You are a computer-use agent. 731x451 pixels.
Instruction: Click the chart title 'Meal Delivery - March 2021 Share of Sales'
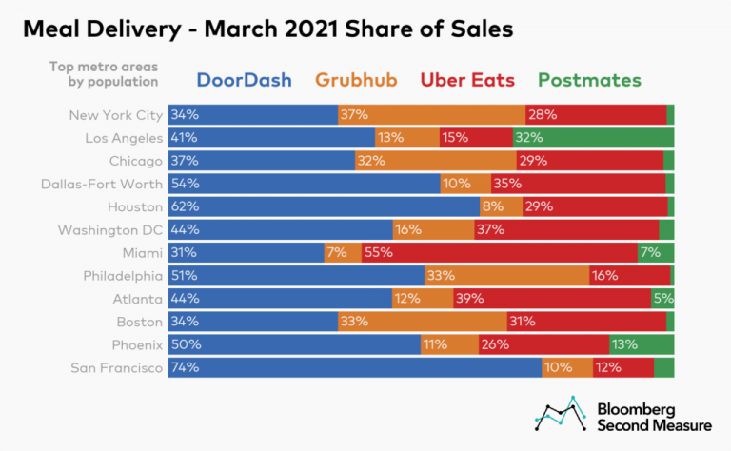[x=267, y=29]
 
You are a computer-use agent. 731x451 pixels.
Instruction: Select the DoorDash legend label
[x=244, y=80]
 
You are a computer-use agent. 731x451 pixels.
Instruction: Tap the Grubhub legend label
[x=359, y=80]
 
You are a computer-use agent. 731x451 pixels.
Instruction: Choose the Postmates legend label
[x=589, y=80]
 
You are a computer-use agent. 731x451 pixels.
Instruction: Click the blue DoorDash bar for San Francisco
[x=355, y=368]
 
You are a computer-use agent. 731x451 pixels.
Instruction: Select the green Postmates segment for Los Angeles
[x=593, y=138]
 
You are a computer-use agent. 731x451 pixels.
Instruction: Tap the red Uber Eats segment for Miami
[x=500, y=253]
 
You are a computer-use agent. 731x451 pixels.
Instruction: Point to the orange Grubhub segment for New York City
[x=431, y=115]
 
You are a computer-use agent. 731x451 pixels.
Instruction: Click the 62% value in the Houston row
[x=186, y=206]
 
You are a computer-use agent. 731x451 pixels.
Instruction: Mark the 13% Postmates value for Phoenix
[x=624, y=344]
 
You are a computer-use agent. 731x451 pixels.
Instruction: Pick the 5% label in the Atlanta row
[x=662, y=299]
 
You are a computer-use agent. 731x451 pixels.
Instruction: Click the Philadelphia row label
[x=123, y=276]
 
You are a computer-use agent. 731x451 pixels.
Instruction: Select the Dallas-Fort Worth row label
[x=109, y=184]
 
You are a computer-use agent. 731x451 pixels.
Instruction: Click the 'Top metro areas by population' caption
[x=103, y=74]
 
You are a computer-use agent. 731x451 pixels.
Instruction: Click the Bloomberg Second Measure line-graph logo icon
[x=559, y=413]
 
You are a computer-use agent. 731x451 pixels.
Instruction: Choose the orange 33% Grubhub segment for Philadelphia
[x=506, y=276]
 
